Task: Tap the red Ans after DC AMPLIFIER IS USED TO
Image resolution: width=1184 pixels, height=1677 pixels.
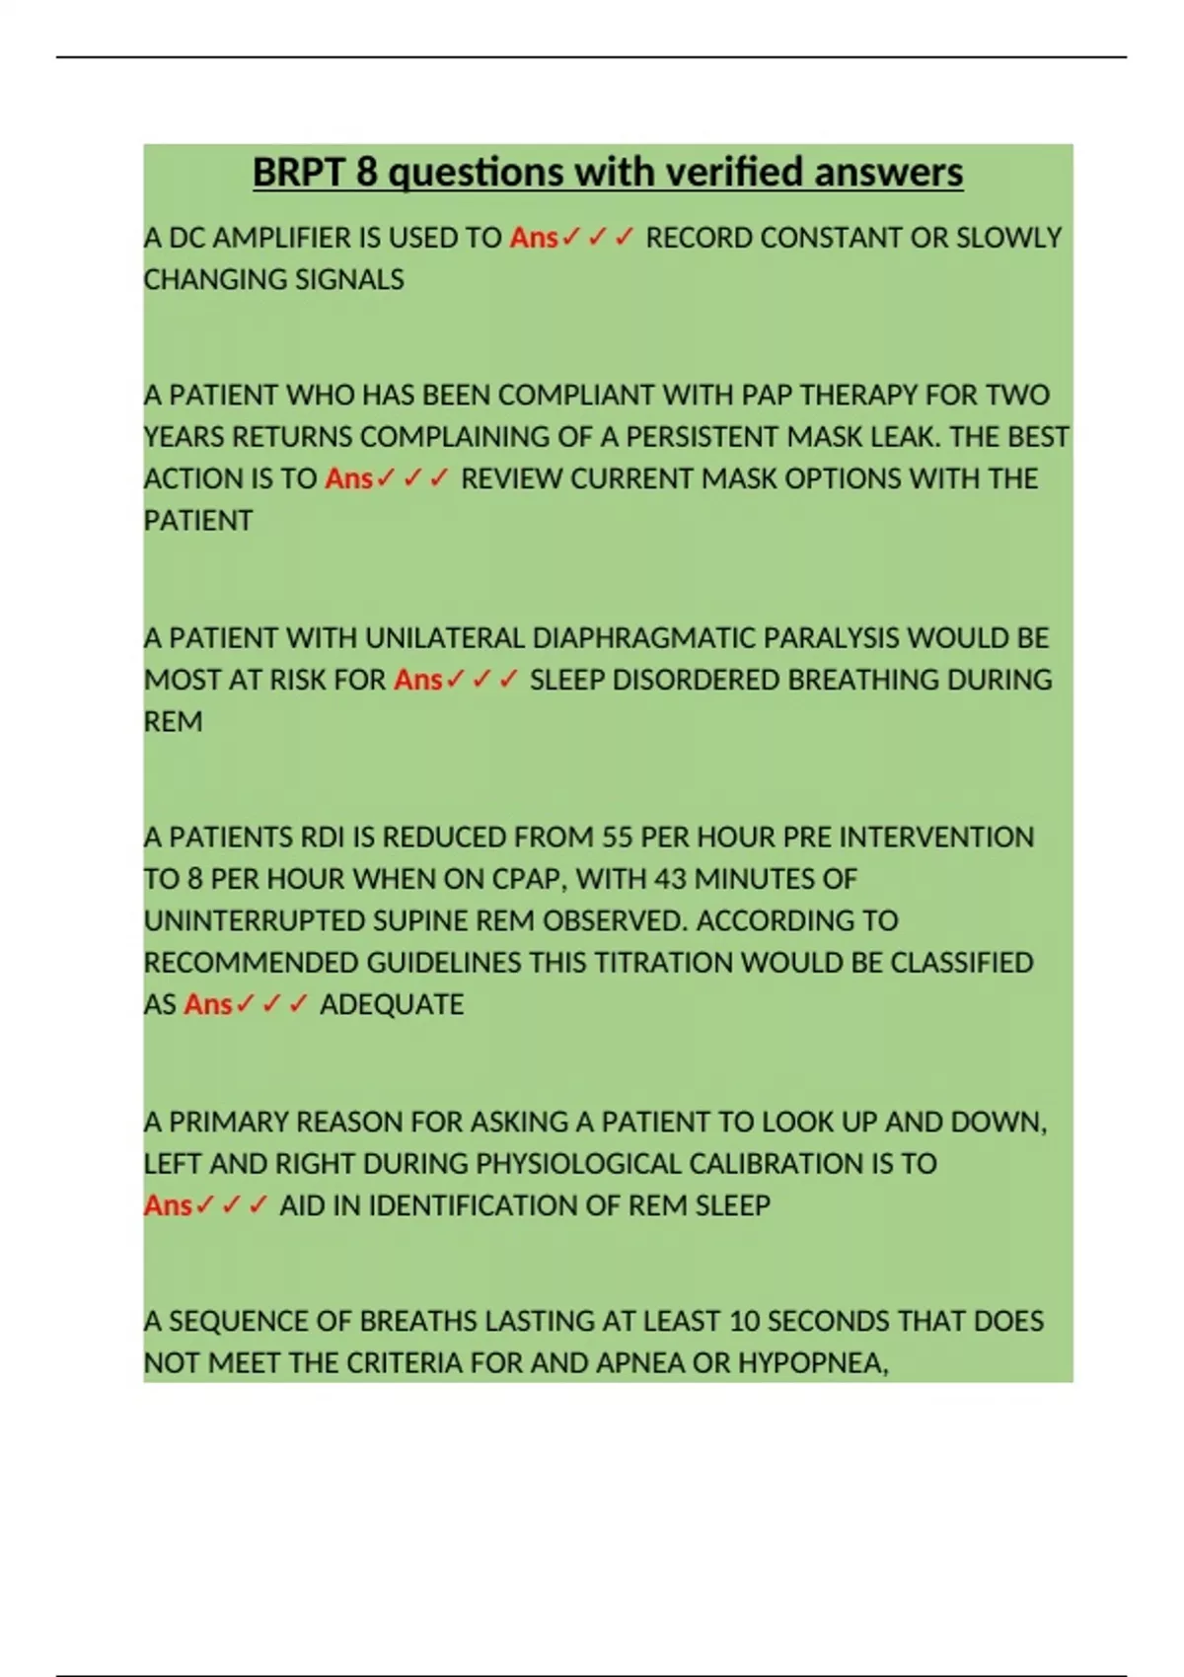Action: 534,238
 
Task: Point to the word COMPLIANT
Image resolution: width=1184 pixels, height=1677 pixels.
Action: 576,395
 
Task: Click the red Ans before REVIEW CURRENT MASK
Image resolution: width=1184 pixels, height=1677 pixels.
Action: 348,478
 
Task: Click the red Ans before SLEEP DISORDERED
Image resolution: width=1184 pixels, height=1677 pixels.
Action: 417,680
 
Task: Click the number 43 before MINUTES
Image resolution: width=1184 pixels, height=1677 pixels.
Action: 670,879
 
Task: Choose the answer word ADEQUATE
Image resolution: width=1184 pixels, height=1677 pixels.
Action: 392,1004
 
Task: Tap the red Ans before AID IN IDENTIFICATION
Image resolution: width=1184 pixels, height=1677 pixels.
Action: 168,1205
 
